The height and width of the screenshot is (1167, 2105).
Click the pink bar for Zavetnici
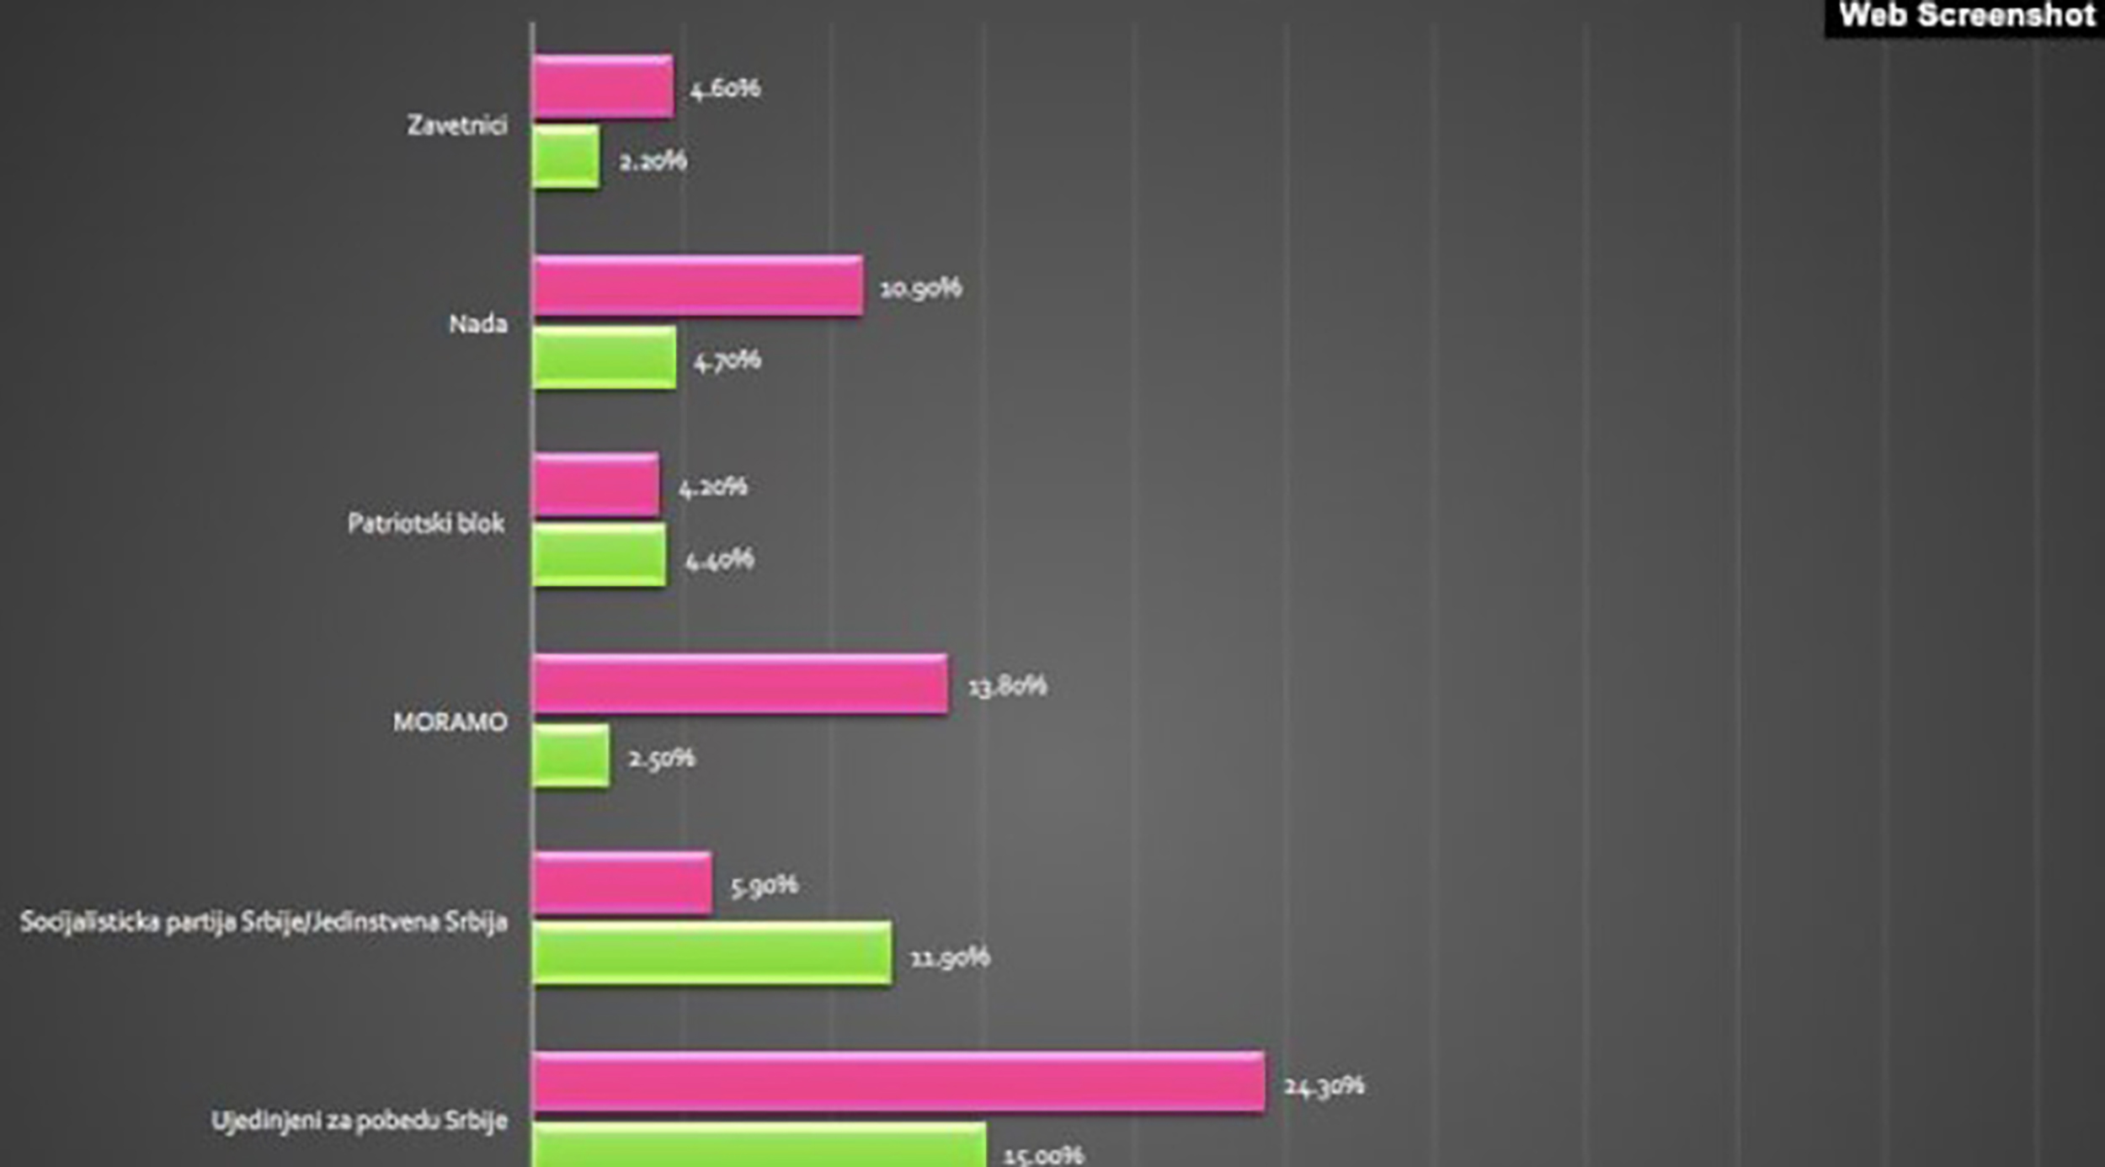pyautogui.click(x=603, y=86)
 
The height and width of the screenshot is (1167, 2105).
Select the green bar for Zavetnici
pyautogui.click(x=566, y=157)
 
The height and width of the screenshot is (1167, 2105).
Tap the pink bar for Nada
pyautogui.click(x=697, y=286)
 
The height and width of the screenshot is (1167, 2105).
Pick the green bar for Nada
pyautogui.click(x=604, y=358)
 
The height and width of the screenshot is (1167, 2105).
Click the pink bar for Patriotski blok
pyautogui.click(x=595, y=485)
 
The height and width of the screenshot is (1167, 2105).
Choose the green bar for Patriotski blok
pyautogui.click(x=599, y=556)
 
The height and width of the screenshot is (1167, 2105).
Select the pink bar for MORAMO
pyautogui.click(x=740, y=684)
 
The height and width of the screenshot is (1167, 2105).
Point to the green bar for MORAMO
pyautogui.click(x=571, y=756)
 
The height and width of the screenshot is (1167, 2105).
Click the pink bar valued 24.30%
pyautogui.click(x=898, y=1082)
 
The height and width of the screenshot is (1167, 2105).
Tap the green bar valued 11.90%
pyautogui.click(x=711, y=953)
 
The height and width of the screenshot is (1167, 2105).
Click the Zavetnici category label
pyautogui.click(x=457, y=125)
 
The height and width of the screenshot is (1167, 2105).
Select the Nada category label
pyautogui.click(x=477, y=324)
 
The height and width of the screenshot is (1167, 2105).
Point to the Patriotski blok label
pyautogui.click(x=426, y=524)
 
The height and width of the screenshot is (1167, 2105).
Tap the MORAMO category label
pyautogui.click(x=450, y=722)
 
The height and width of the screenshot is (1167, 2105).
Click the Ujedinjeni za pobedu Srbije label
pyautogui.click(x=359, y=1122)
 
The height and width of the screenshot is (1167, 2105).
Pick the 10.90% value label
pyautogui.click(x=920, y=289)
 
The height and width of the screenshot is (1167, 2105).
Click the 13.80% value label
pyautogui.click(x=1007, y=686)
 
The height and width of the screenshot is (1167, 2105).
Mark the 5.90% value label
pyautogui.click(x=764, y=885)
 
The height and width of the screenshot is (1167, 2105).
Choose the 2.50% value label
pyautogui.click(x=662, y=759)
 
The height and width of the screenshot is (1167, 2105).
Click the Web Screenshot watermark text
pyautogui.click(x=1967, y=16)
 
